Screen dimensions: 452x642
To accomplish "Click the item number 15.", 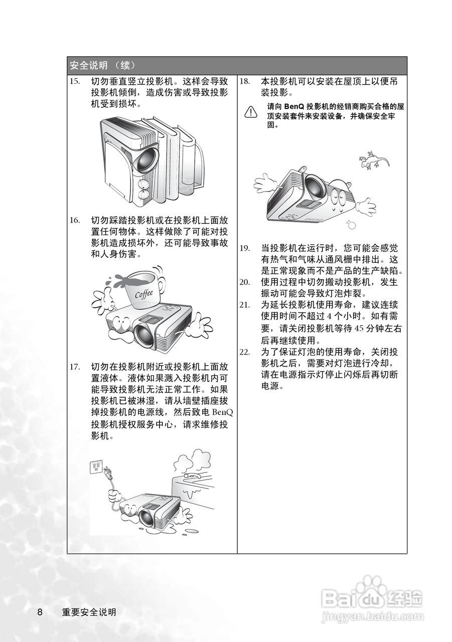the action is (x=75, y=82).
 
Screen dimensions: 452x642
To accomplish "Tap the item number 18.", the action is (x=244, y=82).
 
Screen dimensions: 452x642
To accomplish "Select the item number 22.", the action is (x=245, y=352).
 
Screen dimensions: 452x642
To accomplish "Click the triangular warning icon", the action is (x=250, y=112).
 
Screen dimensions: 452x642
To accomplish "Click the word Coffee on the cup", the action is (x=143, y=294).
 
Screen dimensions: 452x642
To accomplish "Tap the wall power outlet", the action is (x=96, y=466).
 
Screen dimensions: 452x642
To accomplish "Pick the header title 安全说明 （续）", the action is (x=102, y=66).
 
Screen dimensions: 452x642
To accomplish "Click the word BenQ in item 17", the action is (x=222, y=412).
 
